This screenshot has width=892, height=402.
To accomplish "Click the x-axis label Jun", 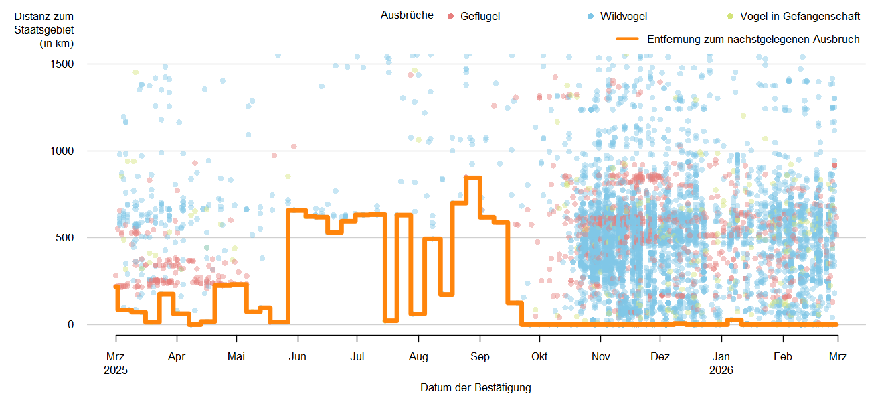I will (x=297, y=357).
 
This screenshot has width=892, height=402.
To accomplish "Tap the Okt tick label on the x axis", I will (x=539, y=357).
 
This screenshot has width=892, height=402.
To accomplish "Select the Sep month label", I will (x=480, y=357).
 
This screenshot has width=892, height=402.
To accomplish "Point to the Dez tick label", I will (x=660, y=357).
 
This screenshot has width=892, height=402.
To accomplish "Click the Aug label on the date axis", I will (x=418, y=357).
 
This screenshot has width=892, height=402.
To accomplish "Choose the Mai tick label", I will (x=236, y=357).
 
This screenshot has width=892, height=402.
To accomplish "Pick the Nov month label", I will (x=601, y=357).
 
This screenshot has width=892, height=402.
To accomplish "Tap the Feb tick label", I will (x=783, y=357).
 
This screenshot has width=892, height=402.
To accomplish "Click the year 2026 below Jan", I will (x=721, y=370).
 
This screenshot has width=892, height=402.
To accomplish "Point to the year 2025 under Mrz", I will (x=116, y=370).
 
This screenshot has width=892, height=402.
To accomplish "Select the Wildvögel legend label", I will (x=624, y=16).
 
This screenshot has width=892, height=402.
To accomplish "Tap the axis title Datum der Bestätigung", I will (x=476, y=388).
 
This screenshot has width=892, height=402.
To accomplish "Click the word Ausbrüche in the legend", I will (x=407, y=15).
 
